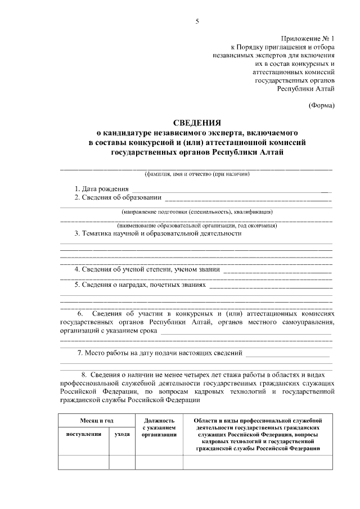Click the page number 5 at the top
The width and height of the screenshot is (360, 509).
(x=197, y=21)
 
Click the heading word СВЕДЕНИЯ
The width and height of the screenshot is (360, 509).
(x=197, y=122)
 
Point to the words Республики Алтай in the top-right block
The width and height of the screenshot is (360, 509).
(x=306, y=88)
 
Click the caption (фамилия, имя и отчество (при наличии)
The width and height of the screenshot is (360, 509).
(x=197, y=174)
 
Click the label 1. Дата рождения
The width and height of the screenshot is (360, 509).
(x=102, y=188)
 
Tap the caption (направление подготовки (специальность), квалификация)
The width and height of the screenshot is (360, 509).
(x=197, y=212)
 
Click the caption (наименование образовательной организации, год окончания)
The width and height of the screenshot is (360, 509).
(x=197, y=226)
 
